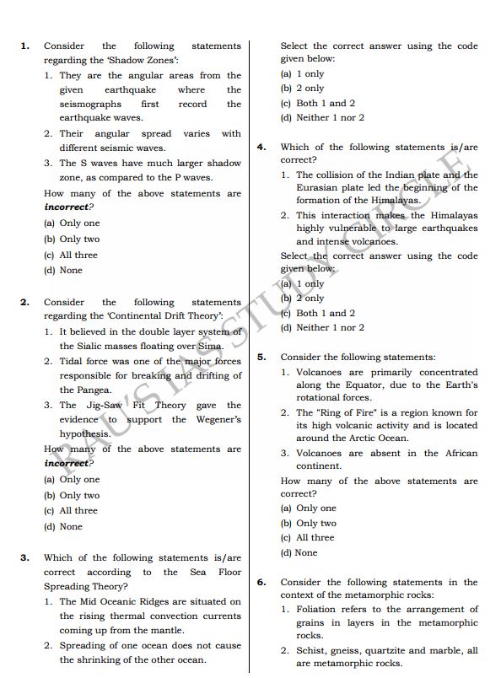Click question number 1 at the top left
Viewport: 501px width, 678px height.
pyautogui.click(x=24, y=46)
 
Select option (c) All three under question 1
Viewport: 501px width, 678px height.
pyautogui.click(x=71, y=255)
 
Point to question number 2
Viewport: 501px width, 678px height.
pyautogui.click(x=24, y=302)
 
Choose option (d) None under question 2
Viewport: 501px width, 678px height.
pyautogui.click(x=63, y=526)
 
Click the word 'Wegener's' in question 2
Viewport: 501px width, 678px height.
pyautogui.click(x=218, y=419)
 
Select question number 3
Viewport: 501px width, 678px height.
pyautogui.click(x=24, y=557)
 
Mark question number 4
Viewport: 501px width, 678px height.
pyautogui.click(x=261, y=146)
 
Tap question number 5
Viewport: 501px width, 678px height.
pyautogui.click(x=261, y=357)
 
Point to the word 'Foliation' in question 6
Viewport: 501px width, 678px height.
pyautogui.click(x=319, y=609)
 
